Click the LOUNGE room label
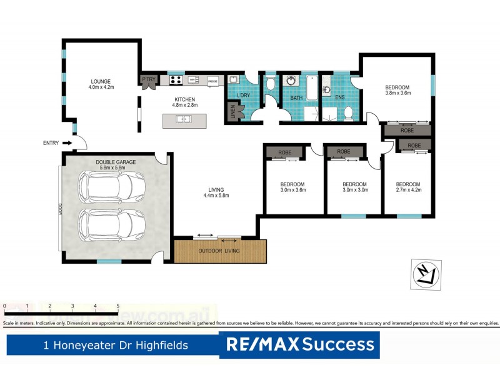pyautogui.click(x=100, y=81)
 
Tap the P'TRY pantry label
pyautogui.click(x=149, y=79)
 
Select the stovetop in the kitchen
pyautogui.click(x=176, y=80)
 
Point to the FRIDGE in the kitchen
pyautogui.click(x=212, y=81)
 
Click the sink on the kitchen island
pyautogui.click(x=184, y=119)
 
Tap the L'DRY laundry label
pyautogui.click(x=244, y=95)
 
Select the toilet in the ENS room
pyautogui.click(x=348, y=112)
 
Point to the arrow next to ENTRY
pyautogui.click(x=67, y=143)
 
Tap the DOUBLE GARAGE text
pyautogui.click(x=116, y=162)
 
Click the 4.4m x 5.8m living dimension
pyautogui.click(x=216, y=196)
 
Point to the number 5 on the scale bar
pyautogui.click(x=118, y=306)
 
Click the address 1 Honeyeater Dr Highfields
pyautogui.click(x=114, y=345)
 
